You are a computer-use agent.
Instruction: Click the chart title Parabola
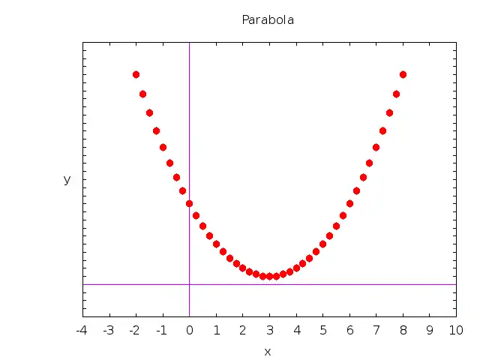tap(268, 20)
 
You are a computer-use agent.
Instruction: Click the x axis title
tap(268, 352)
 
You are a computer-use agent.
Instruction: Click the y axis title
tap(67, 179)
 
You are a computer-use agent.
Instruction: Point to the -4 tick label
tap(82, 330)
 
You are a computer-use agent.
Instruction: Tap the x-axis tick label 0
tap(189, 330)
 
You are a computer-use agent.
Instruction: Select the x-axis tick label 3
tap(269, 330)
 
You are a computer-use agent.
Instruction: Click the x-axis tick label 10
tap(455, 330)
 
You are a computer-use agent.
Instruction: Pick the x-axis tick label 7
tap(376, 330)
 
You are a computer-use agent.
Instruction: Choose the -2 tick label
tap(135, 330)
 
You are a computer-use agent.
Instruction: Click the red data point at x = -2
tap(136, 74)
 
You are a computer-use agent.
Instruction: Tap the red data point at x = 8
tap(403, 74)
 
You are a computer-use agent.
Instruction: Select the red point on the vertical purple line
tap(189, 203)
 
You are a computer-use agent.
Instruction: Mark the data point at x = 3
tap(269, 276)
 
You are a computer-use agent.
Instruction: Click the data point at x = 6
tap(349, 203)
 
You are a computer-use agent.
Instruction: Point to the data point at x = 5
tap(322, 244)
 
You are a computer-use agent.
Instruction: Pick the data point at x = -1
tap(163, 147)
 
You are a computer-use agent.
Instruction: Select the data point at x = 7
tap(376, 147)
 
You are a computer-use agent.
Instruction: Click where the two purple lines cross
tap(189, 284)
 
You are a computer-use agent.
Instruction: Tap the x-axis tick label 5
tap(322, 330)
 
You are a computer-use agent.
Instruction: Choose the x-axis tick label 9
tap(430, 330)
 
